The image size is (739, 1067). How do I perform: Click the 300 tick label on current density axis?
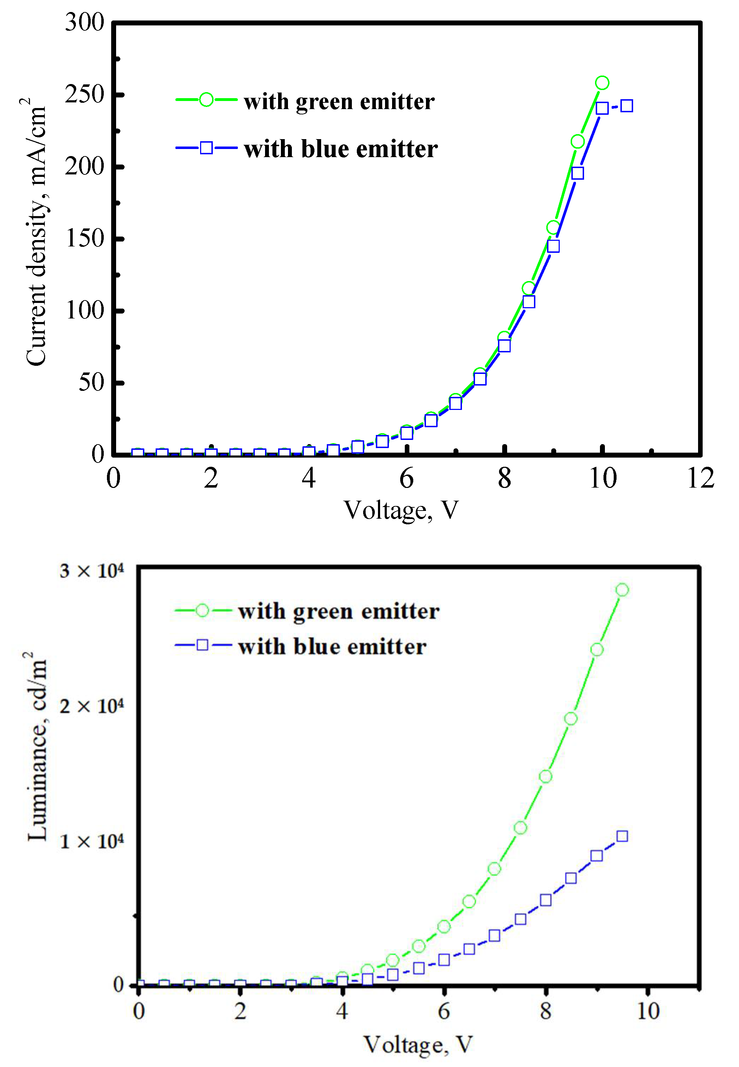[85, 22]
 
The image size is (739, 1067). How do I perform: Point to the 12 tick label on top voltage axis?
[700, 478]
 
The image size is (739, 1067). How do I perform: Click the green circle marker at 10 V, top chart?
[602, 83]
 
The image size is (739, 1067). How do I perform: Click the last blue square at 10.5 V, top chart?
[626, 106]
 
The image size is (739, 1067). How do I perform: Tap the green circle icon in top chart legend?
[206, 100]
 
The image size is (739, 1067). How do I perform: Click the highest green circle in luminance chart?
[622, 590]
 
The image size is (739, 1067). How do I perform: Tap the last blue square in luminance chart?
[622, 836]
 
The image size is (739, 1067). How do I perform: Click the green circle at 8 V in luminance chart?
[546, 776]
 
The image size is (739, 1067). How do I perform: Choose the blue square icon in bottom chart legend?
[202, 645]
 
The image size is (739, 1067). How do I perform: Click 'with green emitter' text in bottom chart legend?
[338, 611]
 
